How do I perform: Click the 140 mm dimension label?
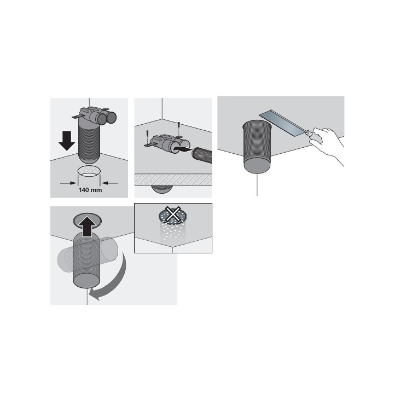pos(89,190)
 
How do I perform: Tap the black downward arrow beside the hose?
pos(67,140)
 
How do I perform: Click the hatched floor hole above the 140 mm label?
pos(89,171)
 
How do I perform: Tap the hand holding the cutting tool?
pos(328,144)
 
